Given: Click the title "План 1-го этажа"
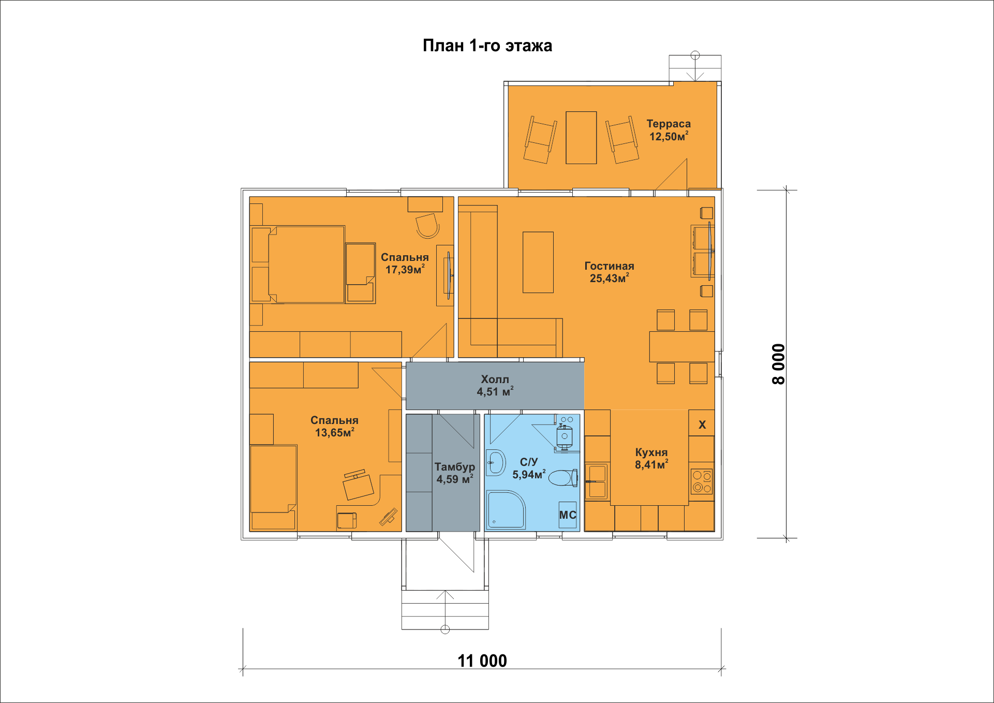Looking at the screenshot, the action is click(x=487, y=46).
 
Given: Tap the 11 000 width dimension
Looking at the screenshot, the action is click(x=482, y=661).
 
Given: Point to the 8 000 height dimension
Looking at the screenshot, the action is click(x=778, y=364).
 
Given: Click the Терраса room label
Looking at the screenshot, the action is click(x=669, y=124).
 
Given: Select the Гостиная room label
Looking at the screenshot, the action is click(x=609, y=266).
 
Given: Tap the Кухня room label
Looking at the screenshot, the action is click(x=651, y=452).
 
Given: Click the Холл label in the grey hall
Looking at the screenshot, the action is click(x=495, y=379).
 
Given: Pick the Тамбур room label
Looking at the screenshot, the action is click(x=455, y=467).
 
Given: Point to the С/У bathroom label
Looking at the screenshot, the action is click(x=529, y=462).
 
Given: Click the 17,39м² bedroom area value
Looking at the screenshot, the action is click(x=405, y=269).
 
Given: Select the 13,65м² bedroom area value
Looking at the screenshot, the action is click(x=335, y=432).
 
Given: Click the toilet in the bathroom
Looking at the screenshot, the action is click(x=563, y=478).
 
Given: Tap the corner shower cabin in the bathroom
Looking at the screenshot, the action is click(x=506, y=510).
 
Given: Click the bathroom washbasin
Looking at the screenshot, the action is click(x=496, y=462).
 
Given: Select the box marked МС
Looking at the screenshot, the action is click(x=568, y=515).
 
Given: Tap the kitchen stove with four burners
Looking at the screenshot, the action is click(x=702, y=481).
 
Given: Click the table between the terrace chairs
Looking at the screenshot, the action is click(x=581, y=138).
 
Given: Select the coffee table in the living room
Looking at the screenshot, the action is click(x=538, y=262).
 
